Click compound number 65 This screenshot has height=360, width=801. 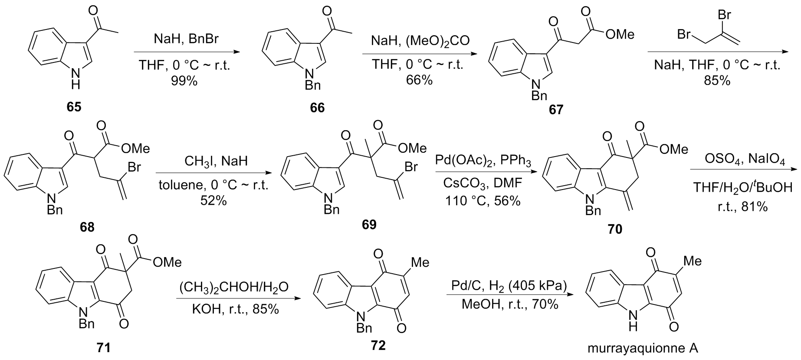pos(74,107)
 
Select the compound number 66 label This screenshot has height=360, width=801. pos(317,108)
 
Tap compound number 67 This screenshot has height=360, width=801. pos(556,109)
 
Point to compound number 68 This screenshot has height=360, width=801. pos(87,227)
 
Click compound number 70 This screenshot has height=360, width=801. pos(615,229)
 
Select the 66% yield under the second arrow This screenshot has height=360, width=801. pos(419,80)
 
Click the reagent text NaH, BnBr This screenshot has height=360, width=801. pos(186,39)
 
